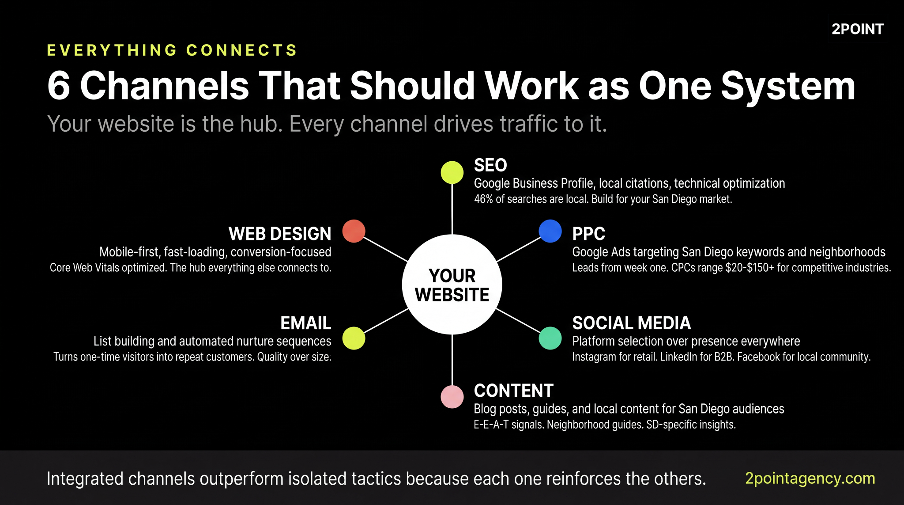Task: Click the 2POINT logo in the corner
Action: pos(857,29)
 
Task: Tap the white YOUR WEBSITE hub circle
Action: pos(452,285)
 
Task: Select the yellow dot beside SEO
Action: pos(452,172)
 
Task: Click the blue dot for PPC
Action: pos(550,231)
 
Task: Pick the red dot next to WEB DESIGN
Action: pos(354,231)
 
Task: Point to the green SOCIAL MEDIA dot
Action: pos(550,338)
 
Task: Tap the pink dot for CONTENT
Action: pos(452,397)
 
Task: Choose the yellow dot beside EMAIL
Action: pos(354,338)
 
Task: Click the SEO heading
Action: pos(490,165)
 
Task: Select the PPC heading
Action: pos(588,234)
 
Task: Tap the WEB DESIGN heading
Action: pos(280,234)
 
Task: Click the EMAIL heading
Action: pos(305,323)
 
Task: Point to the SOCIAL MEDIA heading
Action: pos(631,323)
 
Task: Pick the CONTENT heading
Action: pos(513,391)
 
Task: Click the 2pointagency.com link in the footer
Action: pos(810,478)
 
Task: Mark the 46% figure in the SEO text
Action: pos(483,199)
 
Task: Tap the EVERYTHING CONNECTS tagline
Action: pos(172,50)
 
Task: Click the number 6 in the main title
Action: pos(59,86)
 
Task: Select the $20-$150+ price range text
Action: pos(750,268)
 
